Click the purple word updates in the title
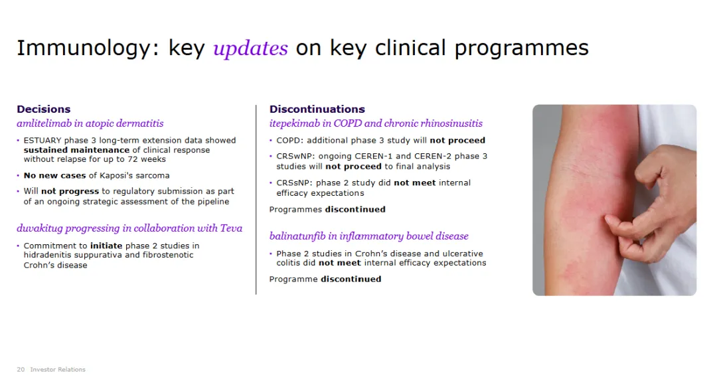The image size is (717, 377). tap(250, 48)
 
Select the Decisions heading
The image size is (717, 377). tap(43, 110)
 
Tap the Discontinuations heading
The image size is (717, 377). tap(317, 110)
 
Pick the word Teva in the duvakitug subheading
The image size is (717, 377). tap(232, 228)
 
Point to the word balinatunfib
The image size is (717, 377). tap(297, 236)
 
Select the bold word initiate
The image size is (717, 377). tap(106, 246)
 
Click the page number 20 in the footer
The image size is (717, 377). tap(21, 369)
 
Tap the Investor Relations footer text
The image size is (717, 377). tap(58, 369)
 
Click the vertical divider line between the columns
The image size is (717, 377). tap(256, 200)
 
